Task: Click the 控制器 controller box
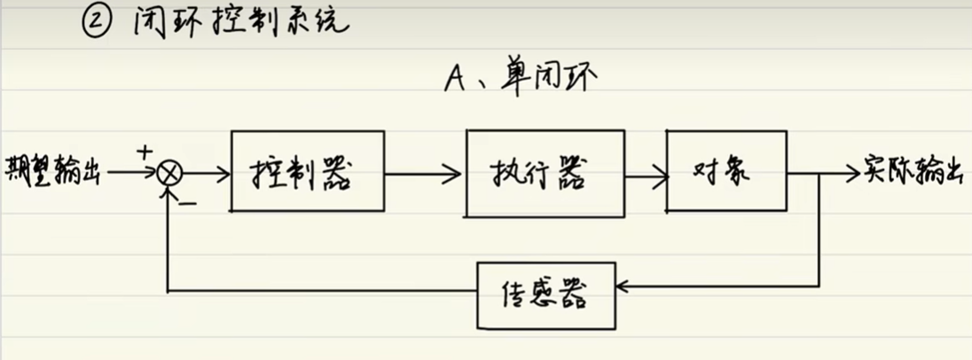point(308,171)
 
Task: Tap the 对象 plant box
point(725,171)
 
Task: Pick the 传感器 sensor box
point(545,293)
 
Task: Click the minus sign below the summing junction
point(189,202)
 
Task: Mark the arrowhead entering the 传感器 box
point(623,286)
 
